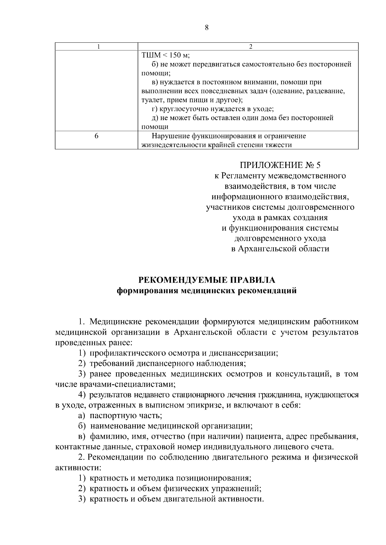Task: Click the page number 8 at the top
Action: [207, 28]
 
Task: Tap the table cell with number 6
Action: [96, 136]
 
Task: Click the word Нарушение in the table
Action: [170, 136]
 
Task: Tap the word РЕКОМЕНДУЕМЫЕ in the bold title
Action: [180, 280]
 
